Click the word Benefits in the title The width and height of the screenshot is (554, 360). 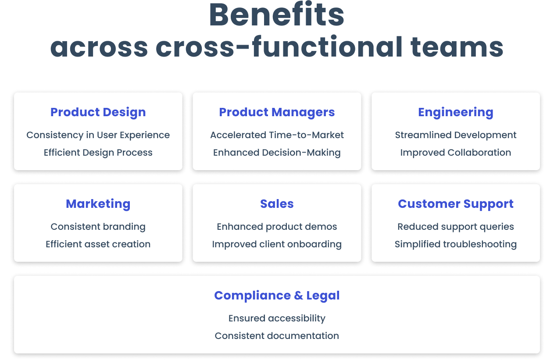(x=277, y=14)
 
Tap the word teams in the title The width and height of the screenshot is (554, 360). (x=457, y=47)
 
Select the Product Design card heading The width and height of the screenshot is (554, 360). (x=98, y=112)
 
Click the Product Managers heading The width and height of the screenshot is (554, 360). (x=277, y=112)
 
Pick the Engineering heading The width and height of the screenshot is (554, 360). (x=456, y=113)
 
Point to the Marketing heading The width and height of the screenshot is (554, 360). (x=98, y=204)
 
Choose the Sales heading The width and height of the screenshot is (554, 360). (x=277, y=204)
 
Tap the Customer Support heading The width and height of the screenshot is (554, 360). (x=456, y=204)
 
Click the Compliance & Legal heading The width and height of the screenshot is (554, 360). (x=277, y=296)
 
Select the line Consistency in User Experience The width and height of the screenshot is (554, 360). (x=98, y=135)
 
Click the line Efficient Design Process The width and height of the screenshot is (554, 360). (x=98, y=153)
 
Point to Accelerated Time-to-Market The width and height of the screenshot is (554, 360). (x=277, y=135)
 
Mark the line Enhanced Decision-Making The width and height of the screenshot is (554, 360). (x=277, y=153)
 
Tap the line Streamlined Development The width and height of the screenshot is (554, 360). (x=456, y=135)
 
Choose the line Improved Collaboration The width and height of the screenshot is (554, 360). (x=456, y=153)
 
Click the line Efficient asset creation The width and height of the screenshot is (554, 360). (x=98, y=244)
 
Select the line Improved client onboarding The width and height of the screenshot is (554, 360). (x=277, y=244)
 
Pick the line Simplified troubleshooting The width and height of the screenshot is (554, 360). (x=456, y=244)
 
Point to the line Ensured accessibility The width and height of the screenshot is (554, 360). (x=277, y=318)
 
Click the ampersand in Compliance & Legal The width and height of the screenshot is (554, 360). (x=299, y=296)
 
